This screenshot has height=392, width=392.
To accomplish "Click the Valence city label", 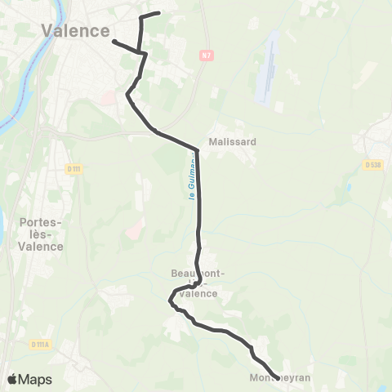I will tap(75, 31).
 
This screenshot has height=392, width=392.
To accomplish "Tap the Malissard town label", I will tap(233, 141).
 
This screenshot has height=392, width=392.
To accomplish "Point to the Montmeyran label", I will tap(282, 378).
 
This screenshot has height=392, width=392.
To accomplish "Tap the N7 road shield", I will tap(205, 55).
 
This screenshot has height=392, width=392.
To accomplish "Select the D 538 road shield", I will tap(374, 165).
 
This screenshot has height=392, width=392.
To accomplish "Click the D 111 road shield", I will tap(74, 168).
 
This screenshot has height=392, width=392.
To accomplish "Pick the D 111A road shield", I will tap(41, 345).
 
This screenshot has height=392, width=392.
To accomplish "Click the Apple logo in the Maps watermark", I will tap(13, 379).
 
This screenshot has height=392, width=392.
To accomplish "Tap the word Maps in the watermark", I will tap(35, 379).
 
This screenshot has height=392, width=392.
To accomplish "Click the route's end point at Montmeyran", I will tap(278, 377).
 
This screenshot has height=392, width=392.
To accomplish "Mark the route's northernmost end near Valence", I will tap(158, 13).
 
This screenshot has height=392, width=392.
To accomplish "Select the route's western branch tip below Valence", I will tap(114, 41).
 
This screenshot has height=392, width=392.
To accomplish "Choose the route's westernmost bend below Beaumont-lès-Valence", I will tap(170, 301).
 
